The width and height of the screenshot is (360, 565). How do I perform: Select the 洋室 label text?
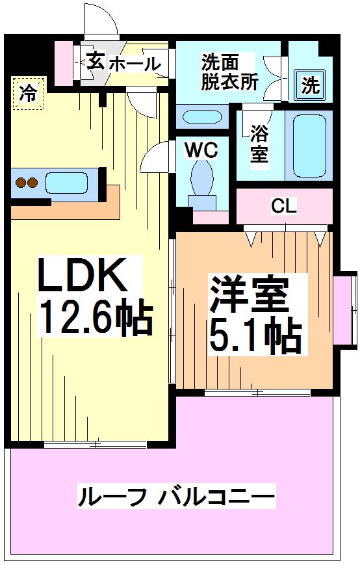(250, 294)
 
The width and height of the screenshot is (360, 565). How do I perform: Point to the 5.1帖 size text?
(255, 336)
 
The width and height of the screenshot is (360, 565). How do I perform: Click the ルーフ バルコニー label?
(176, 496)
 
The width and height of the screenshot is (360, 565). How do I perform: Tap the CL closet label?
(284, 207)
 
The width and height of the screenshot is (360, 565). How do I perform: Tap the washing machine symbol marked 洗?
(309, 85)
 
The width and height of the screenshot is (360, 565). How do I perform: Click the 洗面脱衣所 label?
(229, 72)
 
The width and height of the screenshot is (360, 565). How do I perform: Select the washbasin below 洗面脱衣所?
(201, 117)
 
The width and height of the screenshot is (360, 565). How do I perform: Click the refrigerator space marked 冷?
(29, 93)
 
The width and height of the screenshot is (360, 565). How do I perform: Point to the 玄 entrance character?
(96, 60)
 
